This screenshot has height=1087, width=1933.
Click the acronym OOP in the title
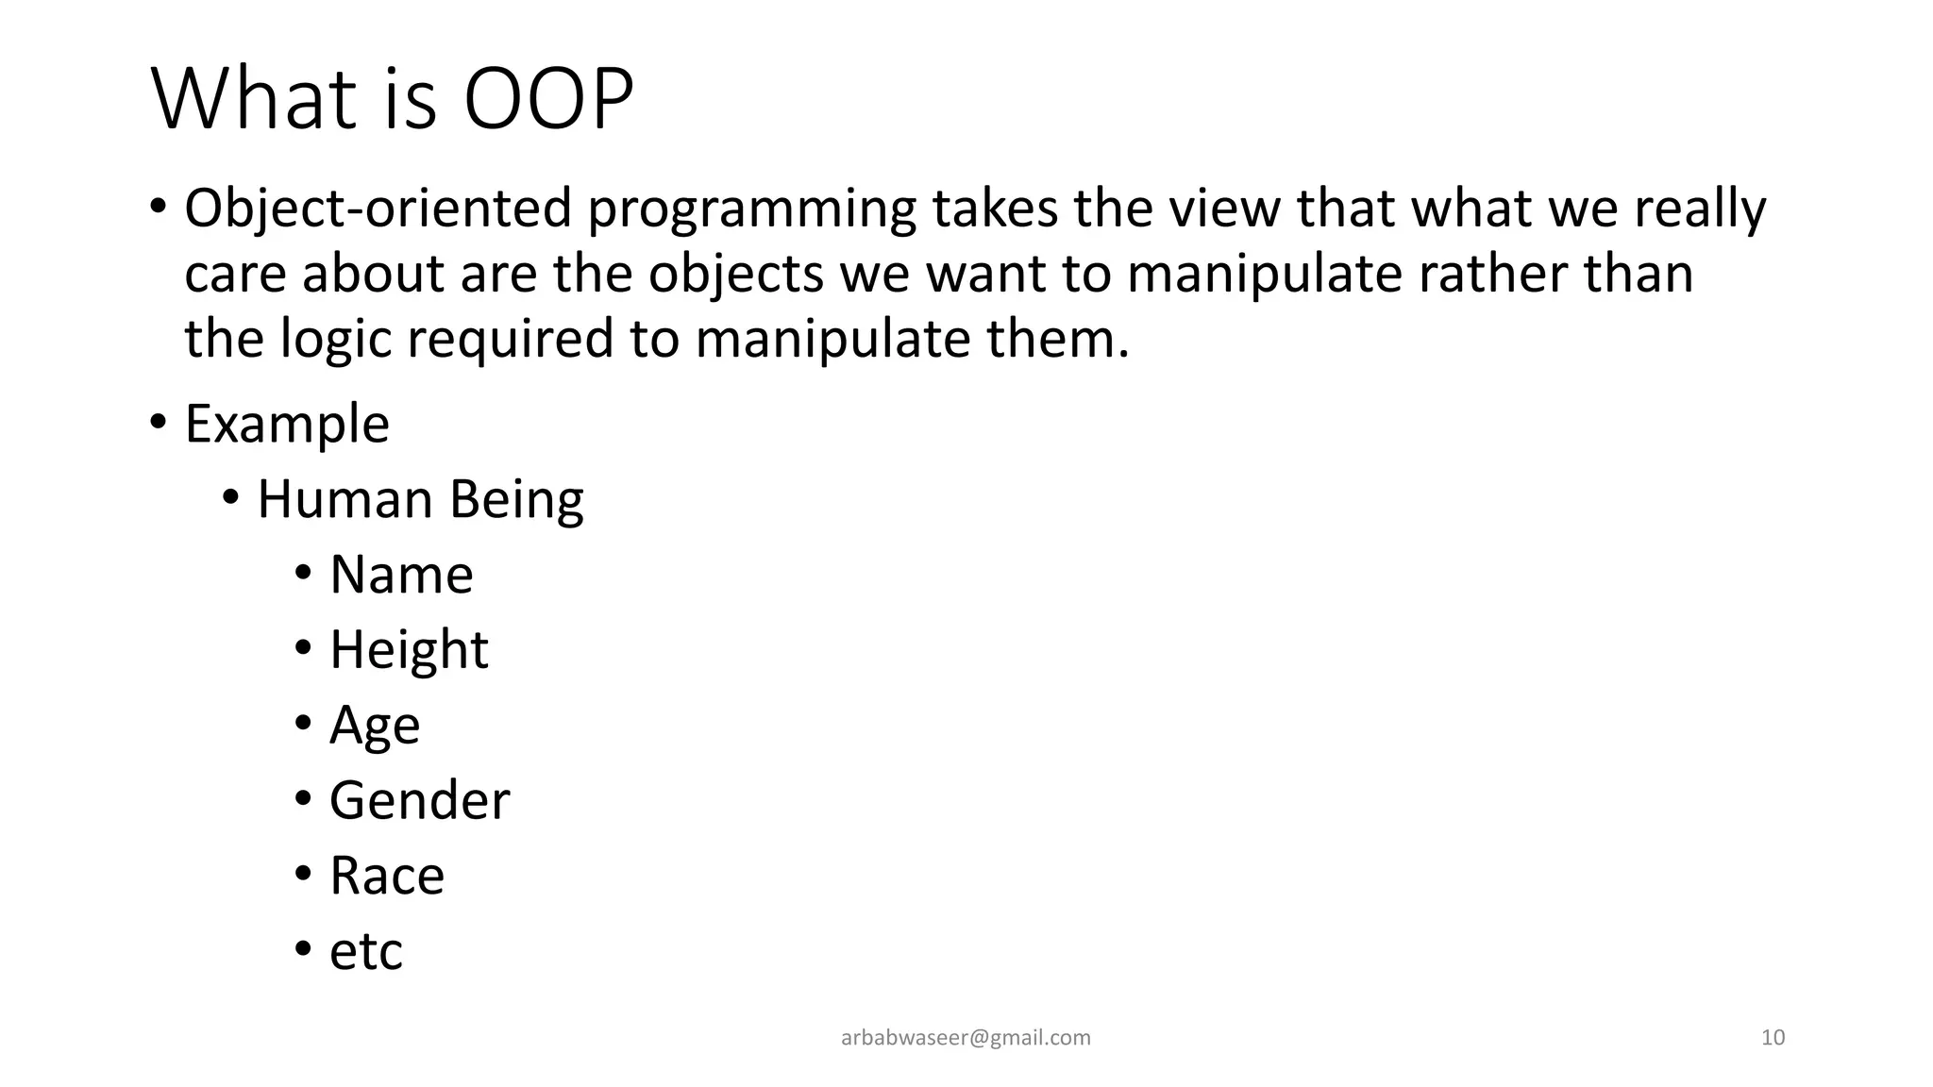point(548,99)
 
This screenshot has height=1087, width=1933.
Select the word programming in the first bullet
point(752,209)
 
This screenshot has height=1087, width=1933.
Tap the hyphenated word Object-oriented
point(378,209)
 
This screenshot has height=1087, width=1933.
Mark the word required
point(511,340)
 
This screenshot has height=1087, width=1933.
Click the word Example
point(287,424)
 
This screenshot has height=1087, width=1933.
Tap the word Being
point(516,500)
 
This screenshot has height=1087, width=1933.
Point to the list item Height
point(409,650)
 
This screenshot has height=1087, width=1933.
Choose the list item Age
point(375,726)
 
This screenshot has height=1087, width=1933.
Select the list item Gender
point(419,800)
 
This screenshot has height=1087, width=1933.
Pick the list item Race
point(387,876)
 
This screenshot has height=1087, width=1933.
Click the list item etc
point(366,951)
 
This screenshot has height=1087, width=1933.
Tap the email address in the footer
point(966,1038)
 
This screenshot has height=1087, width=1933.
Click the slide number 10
point(1773,1038)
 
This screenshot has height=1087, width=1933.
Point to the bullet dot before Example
point(158,421)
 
